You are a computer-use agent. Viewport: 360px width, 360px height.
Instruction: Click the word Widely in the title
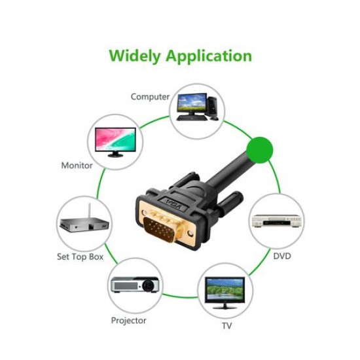pos(135,56)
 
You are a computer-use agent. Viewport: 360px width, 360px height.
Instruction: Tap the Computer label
pos(150,97)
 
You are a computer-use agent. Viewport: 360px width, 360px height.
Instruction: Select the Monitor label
pos(77,166)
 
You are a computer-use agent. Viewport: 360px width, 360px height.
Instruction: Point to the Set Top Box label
pos(80,257)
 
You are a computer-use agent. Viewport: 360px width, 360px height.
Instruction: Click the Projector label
pos(128,321)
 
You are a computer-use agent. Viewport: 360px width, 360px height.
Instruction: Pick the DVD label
pos(282,256)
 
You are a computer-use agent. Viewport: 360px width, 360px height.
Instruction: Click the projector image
pos(135,285)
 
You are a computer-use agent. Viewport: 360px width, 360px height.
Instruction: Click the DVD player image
pos(276,221)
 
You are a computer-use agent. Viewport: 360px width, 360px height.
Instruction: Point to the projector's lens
pos(149,285)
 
